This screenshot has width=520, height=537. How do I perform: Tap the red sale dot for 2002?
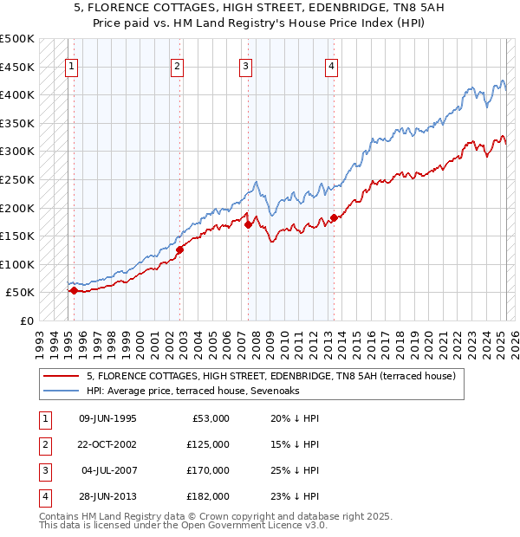180,249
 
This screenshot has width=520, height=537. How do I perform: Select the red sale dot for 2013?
334,217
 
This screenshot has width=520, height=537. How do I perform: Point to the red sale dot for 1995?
74,291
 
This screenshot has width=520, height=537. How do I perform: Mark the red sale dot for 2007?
248,224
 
